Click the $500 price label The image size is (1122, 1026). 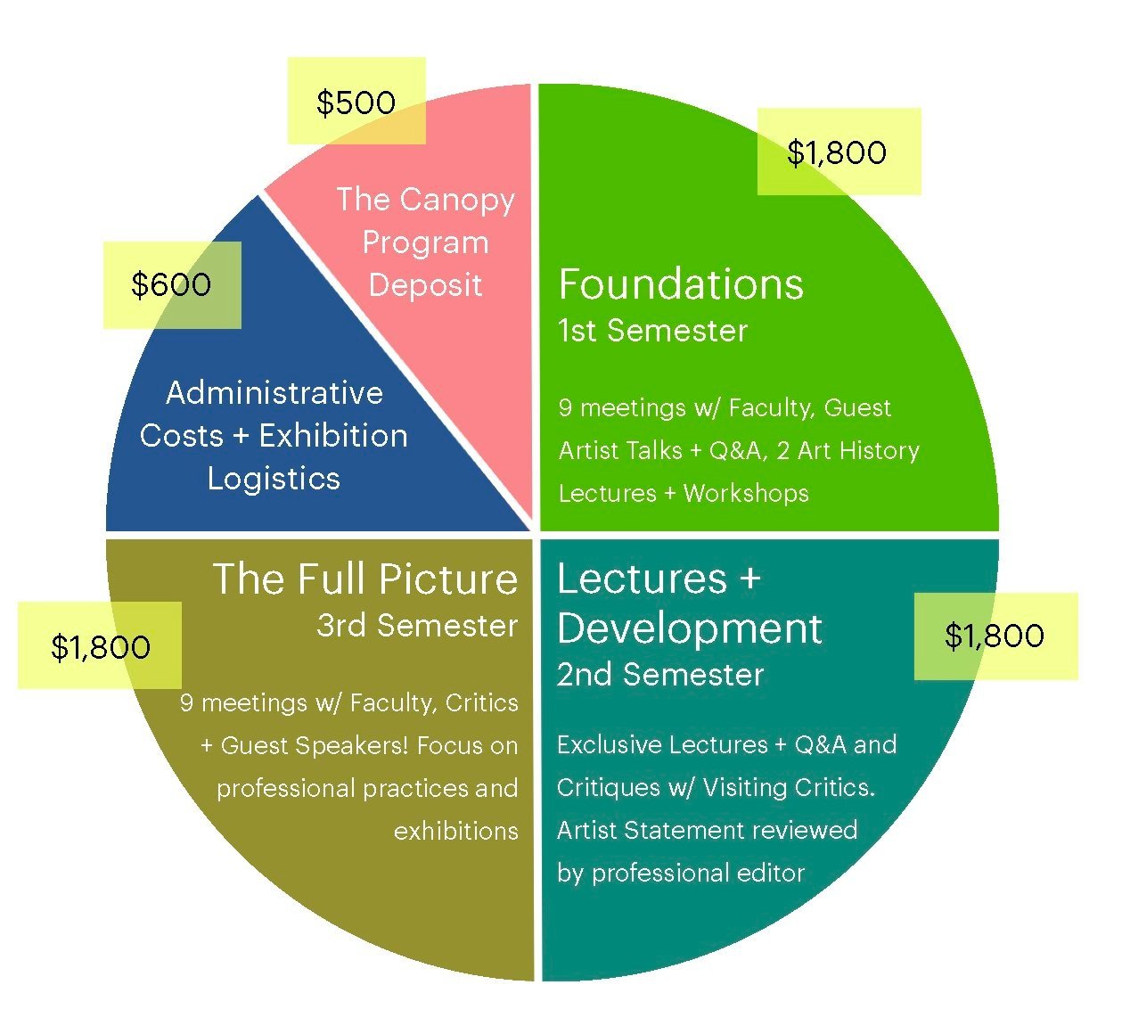(x=356, y=103)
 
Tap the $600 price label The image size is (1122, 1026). (x=171, y=284)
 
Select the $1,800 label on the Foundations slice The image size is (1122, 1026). (x=837, y=152)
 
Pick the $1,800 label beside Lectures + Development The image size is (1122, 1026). (x=995, y=636)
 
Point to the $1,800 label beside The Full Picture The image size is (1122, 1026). (x=101, y=647)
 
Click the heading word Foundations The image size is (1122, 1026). (x=681, y=284)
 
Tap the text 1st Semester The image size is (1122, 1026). (x=652, y=331)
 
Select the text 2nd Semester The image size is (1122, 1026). (x=660, y=675)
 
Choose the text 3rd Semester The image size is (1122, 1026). (x=417, y=626)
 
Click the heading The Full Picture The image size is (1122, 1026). (x=365, y=579)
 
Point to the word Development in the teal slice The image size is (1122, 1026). (x=689, y=628)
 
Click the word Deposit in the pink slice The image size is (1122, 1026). (x=425, y=285)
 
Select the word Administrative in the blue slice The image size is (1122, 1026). (x=274, y=393)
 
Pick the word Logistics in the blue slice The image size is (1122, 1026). (x=274, y=479)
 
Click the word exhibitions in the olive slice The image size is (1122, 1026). (x=455, y=831)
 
